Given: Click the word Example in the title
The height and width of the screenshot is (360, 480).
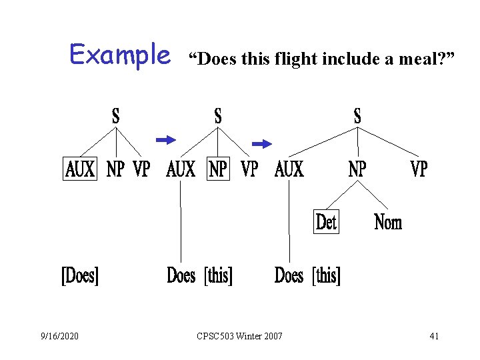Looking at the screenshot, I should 120,55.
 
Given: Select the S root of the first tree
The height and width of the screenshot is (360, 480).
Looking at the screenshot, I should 116,116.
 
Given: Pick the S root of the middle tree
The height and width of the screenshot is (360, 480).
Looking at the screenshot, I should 218,116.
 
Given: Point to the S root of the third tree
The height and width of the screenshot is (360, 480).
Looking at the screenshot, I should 357,116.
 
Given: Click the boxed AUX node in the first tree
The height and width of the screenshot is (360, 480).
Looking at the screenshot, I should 80,170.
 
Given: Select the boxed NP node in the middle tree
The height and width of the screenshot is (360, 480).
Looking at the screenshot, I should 218,170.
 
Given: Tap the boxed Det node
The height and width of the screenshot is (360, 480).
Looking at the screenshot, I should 326,222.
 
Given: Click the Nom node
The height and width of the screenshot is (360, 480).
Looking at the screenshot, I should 388,222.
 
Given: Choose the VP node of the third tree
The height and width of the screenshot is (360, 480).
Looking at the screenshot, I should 419,170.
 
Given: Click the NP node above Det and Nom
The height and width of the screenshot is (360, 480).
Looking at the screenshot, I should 357,170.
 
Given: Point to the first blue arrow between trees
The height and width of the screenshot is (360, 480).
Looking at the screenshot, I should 165,139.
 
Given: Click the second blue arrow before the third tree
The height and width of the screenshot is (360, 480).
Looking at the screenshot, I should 262,143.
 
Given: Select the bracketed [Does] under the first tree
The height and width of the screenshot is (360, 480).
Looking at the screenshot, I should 80,275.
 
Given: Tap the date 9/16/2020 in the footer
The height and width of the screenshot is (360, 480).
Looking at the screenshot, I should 59,336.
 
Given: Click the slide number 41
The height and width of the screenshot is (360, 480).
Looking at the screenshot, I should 434,336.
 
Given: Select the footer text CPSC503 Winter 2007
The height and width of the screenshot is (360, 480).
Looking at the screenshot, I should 240,336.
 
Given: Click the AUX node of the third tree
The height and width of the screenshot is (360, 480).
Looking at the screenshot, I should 289,170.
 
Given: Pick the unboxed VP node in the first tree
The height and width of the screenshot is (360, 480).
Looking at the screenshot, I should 141,170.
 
